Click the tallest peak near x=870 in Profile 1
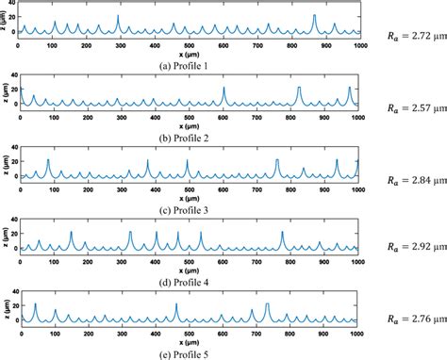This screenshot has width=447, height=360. coord(315,16)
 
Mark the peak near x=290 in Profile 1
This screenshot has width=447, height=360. coord(118,17)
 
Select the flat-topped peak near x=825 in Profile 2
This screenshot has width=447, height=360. coord(299,88)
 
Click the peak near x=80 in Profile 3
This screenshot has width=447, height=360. coord(48,161)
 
